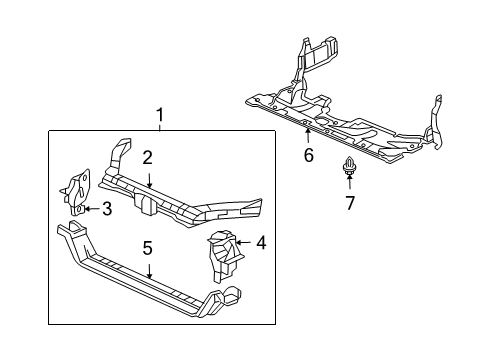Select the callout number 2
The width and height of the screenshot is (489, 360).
click(x=147, y=157)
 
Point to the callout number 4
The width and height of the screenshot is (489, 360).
click(x=260, y=242)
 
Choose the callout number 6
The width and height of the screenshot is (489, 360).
click(x=308, y=155)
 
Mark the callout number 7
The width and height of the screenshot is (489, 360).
click(x=350, y=204)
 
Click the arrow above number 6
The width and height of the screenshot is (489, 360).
click(x=308, y=136)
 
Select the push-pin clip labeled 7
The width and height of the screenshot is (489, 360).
click(x=350, y=168)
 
